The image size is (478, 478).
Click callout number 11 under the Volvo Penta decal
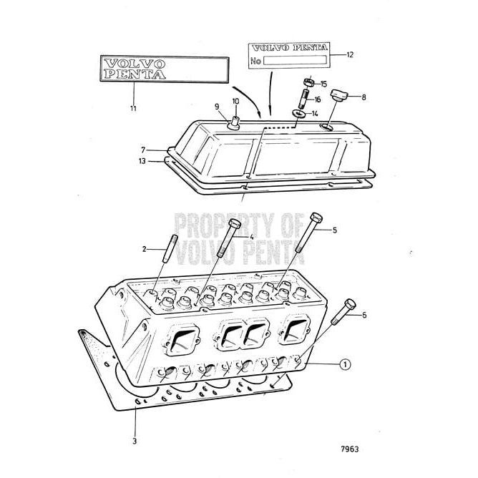133,108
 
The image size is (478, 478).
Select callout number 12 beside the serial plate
350,54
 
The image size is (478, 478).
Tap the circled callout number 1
346,365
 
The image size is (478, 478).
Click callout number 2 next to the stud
145,250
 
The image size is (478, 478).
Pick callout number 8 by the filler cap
364,96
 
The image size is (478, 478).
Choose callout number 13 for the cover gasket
142,162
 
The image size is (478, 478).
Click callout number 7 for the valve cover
143,150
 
